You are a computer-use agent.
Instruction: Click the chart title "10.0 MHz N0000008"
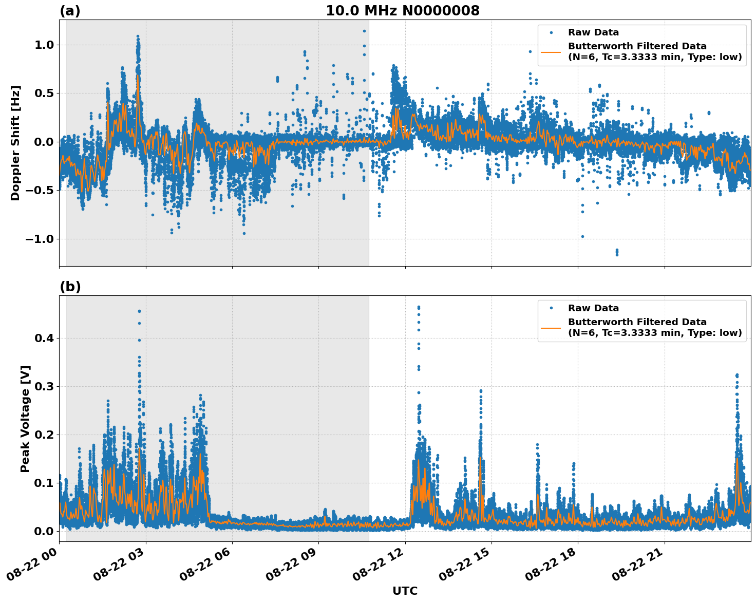403,11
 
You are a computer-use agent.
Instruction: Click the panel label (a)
70,11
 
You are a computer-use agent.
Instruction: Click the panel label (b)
70,287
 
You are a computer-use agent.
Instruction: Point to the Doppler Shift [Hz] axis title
15,143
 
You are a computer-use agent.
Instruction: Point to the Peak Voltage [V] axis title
25,419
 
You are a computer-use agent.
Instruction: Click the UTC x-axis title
405,591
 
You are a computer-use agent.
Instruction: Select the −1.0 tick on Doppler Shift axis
40,239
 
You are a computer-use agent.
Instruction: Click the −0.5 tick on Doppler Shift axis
40,191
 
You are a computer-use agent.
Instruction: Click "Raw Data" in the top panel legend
593,33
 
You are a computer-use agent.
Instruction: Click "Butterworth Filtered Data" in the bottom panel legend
637,322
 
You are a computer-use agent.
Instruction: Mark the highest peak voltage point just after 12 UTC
419,307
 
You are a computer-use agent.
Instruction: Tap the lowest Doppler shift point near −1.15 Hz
617,254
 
